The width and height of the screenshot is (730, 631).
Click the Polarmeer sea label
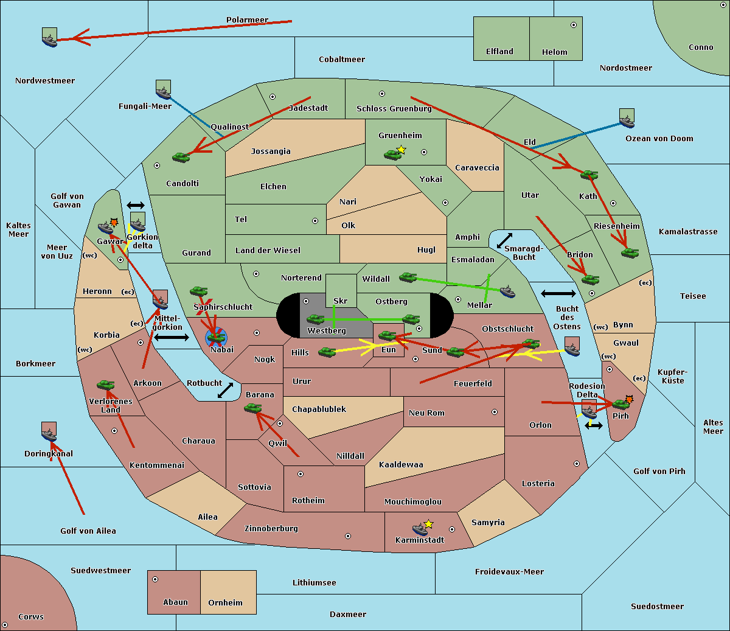[247, 20]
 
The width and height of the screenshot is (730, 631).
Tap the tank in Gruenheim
[392, 155]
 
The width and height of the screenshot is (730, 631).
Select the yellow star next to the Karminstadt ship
[428, 524]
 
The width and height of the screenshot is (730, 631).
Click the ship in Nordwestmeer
[49, 40]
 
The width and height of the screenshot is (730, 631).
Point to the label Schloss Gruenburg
[394, 108]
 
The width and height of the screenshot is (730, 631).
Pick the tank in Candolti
[181, 157]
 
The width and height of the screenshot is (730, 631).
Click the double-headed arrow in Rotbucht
[226, 391]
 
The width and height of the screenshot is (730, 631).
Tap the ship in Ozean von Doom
[627, 121]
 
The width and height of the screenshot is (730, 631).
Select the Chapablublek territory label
[319, 409]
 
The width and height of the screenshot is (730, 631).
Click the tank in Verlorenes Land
[105, 385]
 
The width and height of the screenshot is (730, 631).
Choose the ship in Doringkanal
[49, 434]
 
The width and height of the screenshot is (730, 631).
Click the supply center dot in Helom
[574, 25]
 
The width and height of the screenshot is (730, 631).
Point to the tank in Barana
[252, 408]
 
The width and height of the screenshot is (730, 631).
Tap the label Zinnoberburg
[271, 529]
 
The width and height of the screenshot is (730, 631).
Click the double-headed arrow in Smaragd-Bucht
[504, 240]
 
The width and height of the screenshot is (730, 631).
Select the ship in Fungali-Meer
[163, 92]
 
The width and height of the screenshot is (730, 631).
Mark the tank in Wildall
[408, 277]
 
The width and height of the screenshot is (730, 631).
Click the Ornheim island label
[225, 603]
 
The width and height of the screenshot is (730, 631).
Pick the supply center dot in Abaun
[155, 579]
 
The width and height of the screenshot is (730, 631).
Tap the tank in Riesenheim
[630, 253]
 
